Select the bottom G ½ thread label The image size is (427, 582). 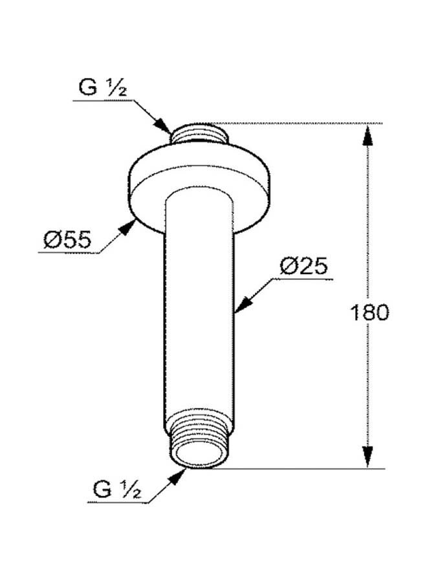(117, 490)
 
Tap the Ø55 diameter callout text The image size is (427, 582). (67, 241)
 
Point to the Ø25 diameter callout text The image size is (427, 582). (304, 266)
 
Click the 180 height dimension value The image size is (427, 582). (369, 313)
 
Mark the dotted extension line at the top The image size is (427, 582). (298, 123)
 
